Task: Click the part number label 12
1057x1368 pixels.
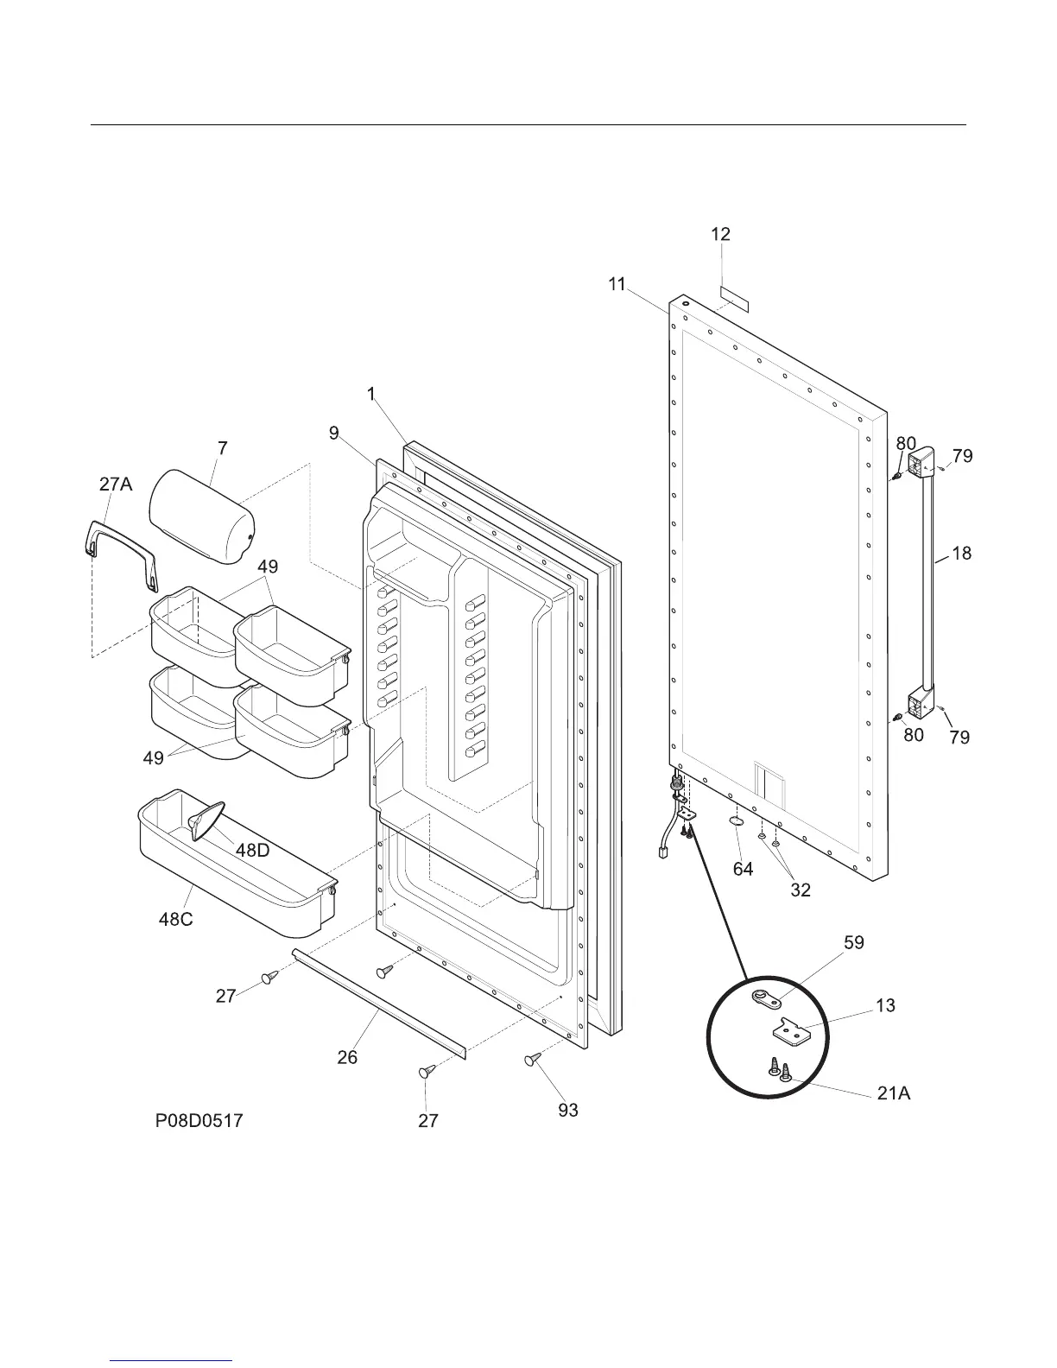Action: pyautogui.click(x=720, y=234)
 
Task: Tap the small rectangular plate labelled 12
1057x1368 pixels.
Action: pyautogui.click(x=734, y=301)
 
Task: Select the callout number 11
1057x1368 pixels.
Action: pyautogui.click(x=617, y=283)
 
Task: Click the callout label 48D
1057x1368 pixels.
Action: pyautogui.click(x=252, y=850)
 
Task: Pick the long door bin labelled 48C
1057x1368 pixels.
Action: pyautogui.click(x=233, y=872)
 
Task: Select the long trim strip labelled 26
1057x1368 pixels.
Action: pyautogui.click(x=378, y=1001)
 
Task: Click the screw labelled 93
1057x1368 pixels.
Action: pyautogui.click(x=532, y=1059)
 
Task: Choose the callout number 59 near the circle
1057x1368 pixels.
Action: pyautogui.click(x=853, y=942)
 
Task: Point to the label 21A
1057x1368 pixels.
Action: pyautogui.click(x=893, y=1093)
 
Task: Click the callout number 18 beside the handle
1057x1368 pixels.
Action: pyautogui.click(x=960, y=553)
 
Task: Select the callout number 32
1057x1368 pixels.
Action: pyautogui.click(x=801, y=890)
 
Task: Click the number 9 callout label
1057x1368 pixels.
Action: pyautogui.click(x=334, y=434)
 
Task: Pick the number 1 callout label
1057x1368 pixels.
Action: pyautogui.click(x=371, y=395)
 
